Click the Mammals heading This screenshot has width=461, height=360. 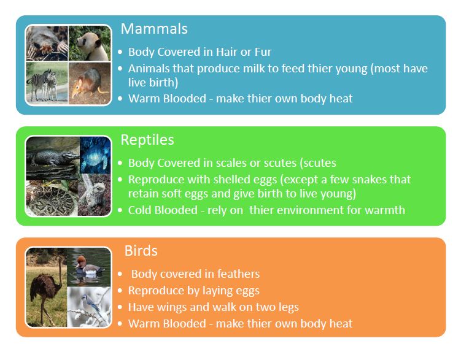(x=154, y=29)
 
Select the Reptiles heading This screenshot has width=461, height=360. (x=147, y=140)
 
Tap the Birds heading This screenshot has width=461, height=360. (x=141, y=251)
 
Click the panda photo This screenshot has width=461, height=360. (x=90, y=43)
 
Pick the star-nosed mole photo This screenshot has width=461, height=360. (x=47, y=43)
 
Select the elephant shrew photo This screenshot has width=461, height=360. (x=90, y=83)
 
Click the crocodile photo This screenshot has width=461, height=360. (x=52, y=158)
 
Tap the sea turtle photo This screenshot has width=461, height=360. (x=95, y=153)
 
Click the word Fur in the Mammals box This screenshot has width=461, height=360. (x=261, y=52)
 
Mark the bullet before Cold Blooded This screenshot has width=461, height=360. (x=120, y=210)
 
